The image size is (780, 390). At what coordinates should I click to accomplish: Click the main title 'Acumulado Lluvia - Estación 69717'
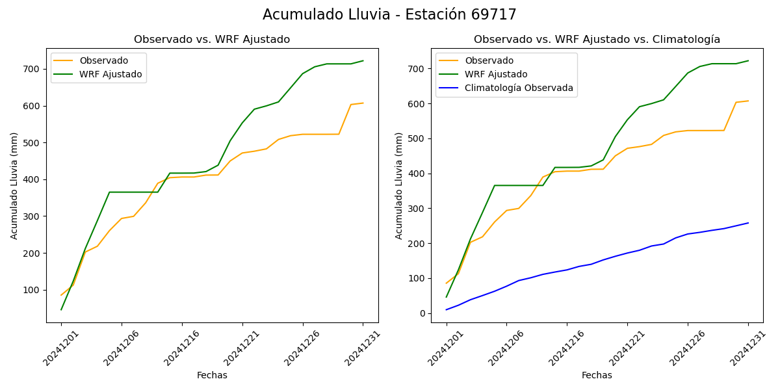389,15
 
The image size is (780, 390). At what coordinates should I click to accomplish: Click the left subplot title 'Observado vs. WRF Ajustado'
212,40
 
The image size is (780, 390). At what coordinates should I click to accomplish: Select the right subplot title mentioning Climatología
597,40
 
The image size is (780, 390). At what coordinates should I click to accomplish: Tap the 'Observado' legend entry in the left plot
103,60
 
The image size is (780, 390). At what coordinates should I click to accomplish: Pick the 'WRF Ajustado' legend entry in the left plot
110,74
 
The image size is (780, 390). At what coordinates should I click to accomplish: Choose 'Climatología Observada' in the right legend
519,88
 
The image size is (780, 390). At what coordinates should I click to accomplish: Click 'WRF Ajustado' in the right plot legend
496,74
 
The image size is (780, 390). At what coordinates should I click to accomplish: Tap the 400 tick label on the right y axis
417,174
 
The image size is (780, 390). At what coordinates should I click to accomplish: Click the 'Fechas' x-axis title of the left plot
212,375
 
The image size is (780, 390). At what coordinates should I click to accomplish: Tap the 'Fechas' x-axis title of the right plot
597,375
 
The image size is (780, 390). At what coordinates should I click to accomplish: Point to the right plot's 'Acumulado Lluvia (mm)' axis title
399,185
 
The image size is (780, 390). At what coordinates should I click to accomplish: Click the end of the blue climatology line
748,223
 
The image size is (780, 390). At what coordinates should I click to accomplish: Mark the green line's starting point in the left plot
61,309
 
